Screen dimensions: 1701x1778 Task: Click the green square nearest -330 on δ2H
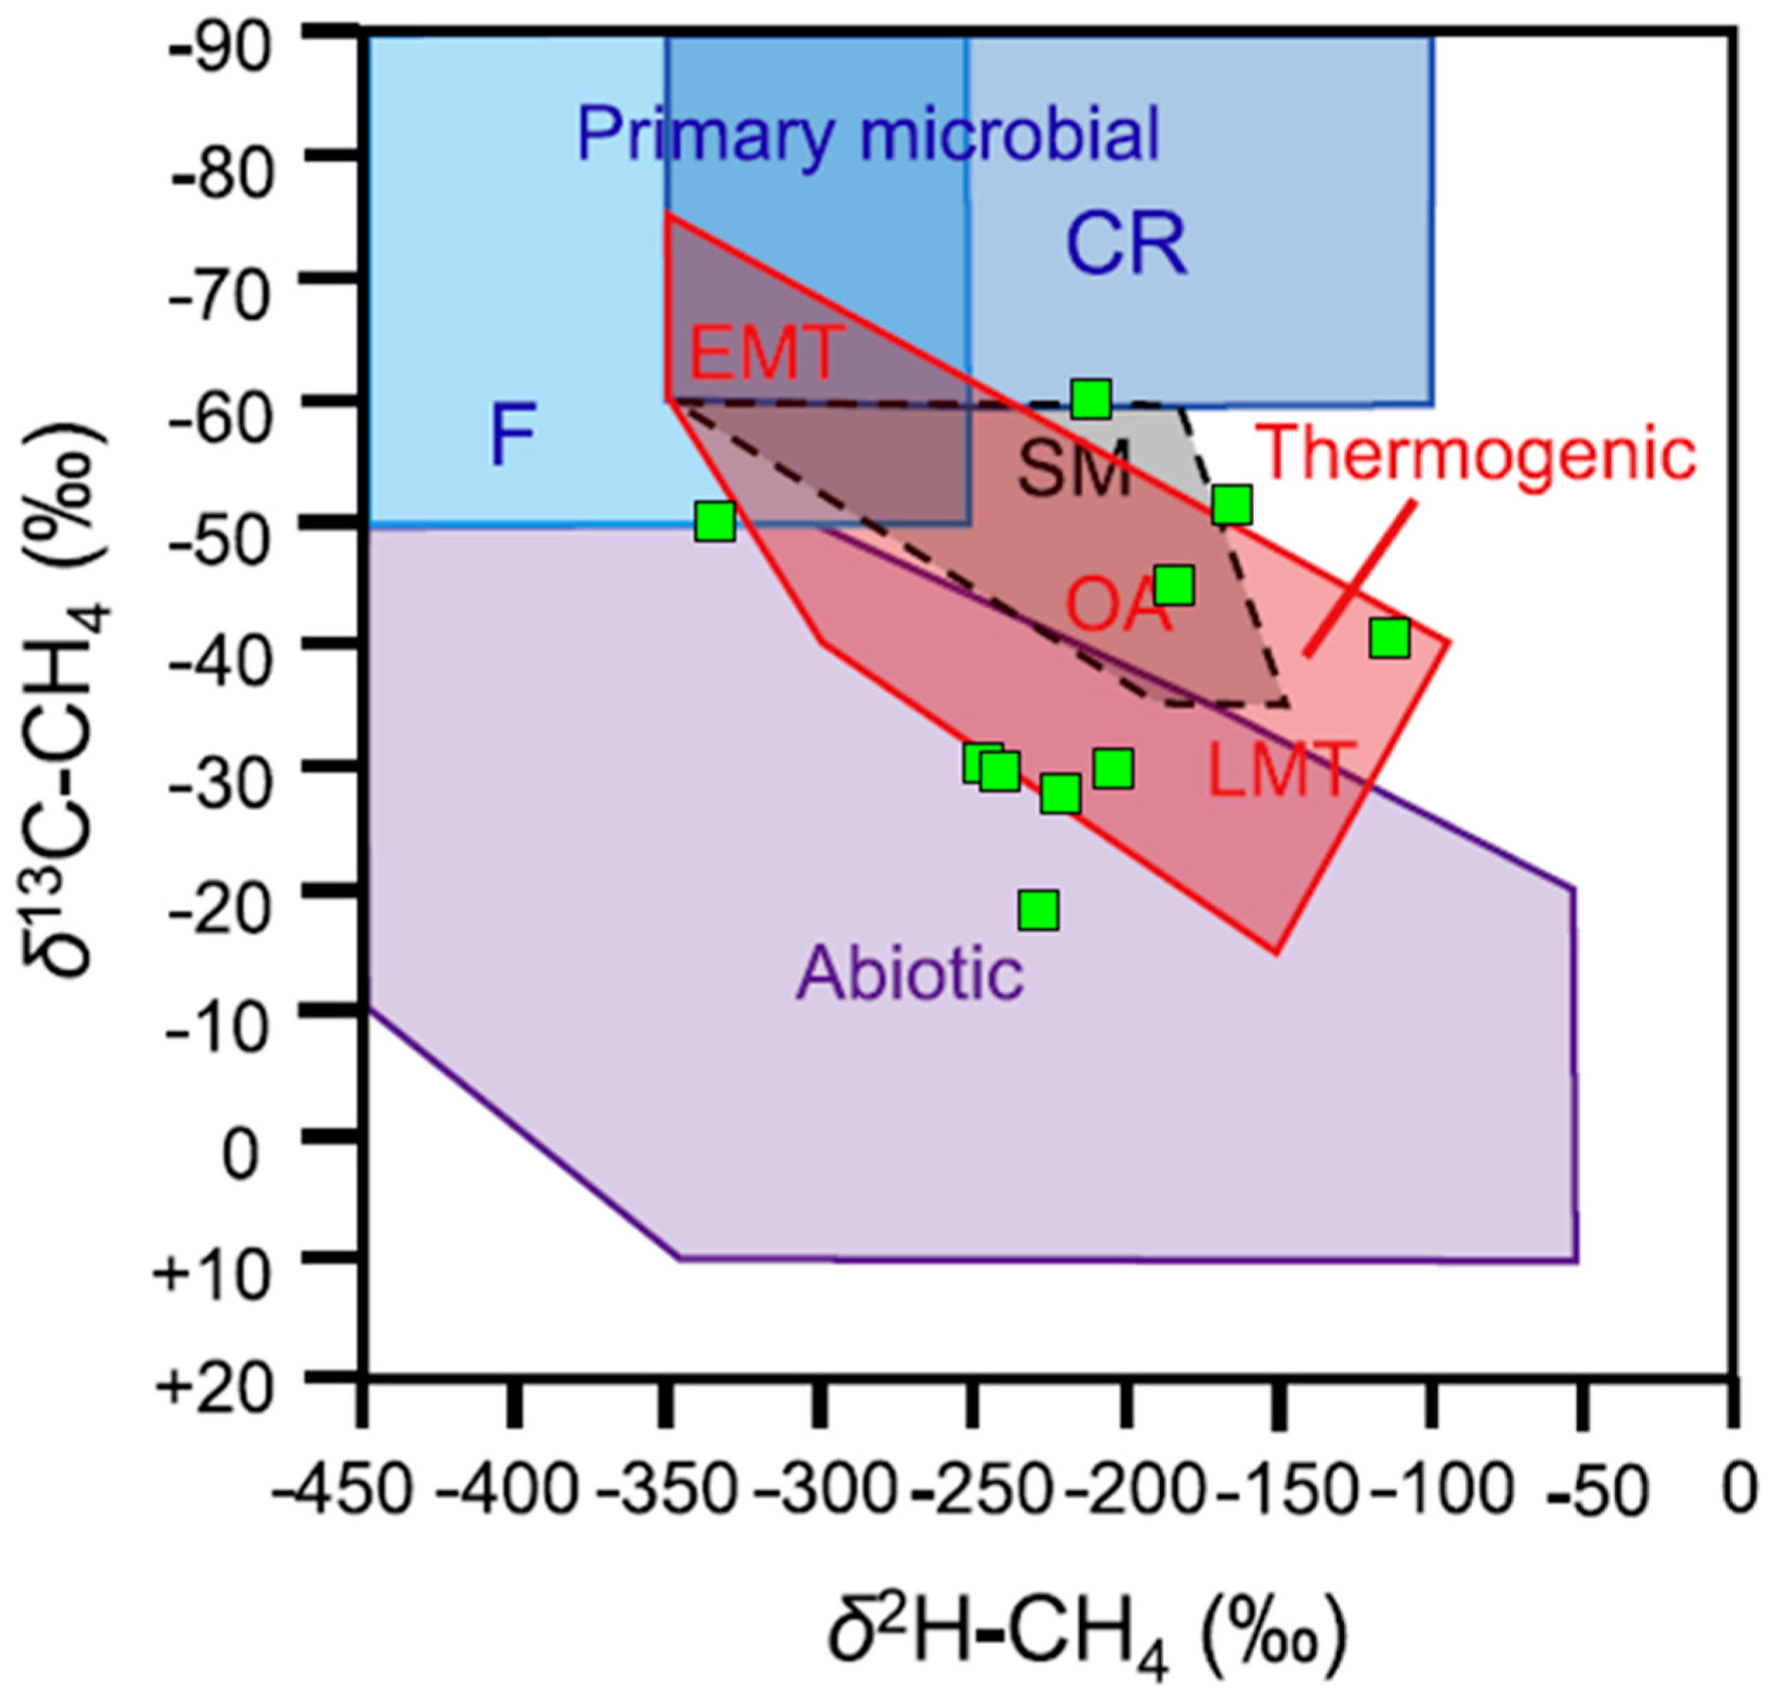[x=714, y=523]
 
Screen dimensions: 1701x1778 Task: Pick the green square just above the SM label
[x=1091, y=399]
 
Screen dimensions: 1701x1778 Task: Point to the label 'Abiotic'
[x=909, y=974]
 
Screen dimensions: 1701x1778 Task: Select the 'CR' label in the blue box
[x=1125, y=245]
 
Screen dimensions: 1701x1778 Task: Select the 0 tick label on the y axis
[x=240, y=1155]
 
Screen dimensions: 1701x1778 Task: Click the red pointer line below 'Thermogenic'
[x=1358, y=580]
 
